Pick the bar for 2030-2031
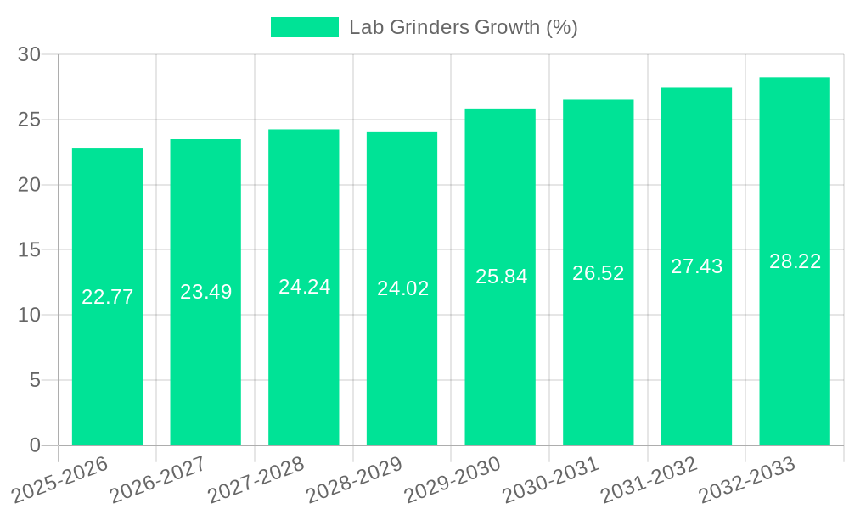[x=598, y=356]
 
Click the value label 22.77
[x=107, y=297]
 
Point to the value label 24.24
[x=304, y=287]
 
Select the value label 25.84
[x=501, y=277]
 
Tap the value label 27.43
[x=696, y=266]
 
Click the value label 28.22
[x=795, y=261]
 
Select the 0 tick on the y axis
[x=35, y=445]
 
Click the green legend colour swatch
[x=304, y=27]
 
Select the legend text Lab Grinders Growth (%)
[x=463, y=27]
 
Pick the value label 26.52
[x=598, y=273]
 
